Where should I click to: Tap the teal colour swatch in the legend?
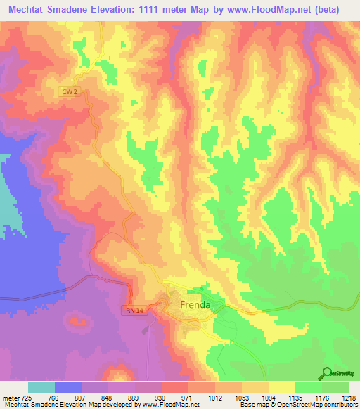click(x=41, y=387)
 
